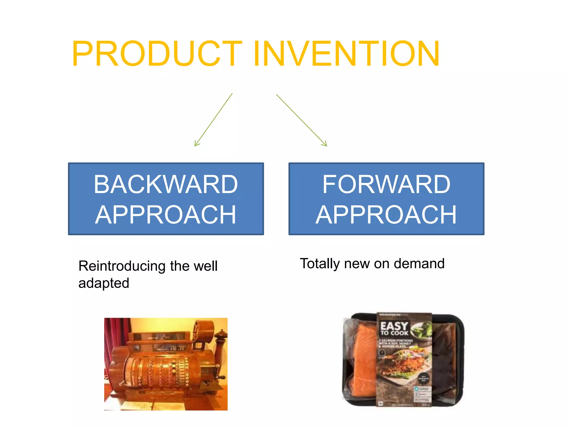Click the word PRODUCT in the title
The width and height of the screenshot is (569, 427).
coord(157,53)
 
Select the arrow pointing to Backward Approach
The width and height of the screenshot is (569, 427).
coord(213,120)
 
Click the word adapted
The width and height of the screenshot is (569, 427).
coord(104,283)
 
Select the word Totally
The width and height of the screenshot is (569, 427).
coord(320,264)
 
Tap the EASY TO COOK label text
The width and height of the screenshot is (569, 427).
coord(394,328)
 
